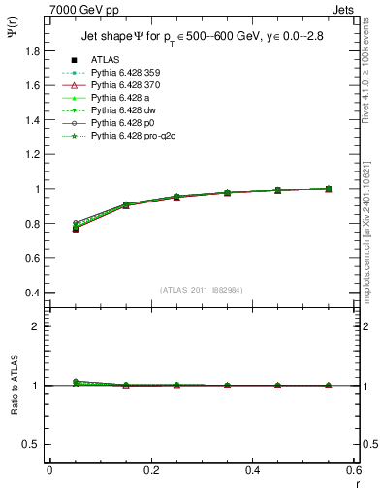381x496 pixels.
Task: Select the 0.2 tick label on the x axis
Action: click(150, 469)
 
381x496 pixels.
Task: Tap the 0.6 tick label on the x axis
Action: click(354, 469)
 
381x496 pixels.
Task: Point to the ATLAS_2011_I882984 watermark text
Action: click(200, 290)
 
